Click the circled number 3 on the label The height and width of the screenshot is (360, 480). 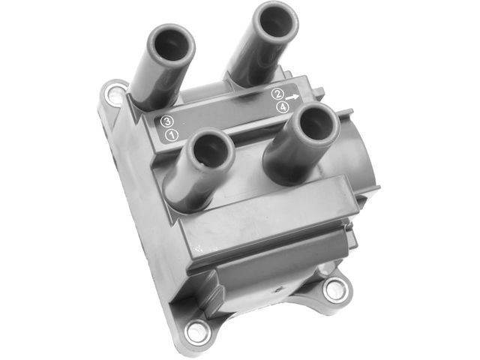point(167,121)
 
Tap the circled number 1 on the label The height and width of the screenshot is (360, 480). point(172,135)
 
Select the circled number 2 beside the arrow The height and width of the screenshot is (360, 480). point(277,94)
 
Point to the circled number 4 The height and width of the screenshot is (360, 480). point(283,107)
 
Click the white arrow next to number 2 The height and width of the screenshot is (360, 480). point(292,97)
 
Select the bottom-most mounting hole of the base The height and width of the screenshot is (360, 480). point(197,331)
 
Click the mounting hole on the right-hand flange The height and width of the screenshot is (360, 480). point(335,289)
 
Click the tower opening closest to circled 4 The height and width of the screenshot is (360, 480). point(316,124)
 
